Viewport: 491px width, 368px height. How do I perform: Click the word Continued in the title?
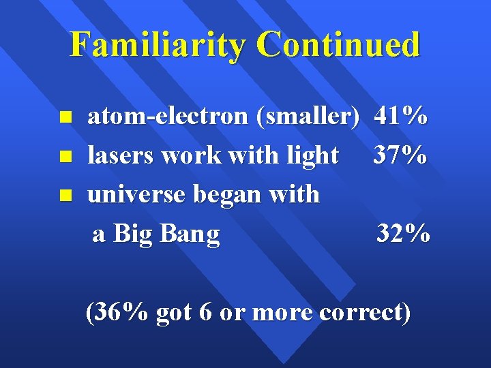339,45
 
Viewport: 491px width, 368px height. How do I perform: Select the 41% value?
401,117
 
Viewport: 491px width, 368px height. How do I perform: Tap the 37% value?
400,156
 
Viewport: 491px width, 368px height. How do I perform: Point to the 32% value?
403,234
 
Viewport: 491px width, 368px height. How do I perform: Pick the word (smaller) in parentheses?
307,117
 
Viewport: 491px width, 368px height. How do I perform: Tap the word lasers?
121,156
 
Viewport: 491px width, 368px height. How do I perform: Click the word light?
313,156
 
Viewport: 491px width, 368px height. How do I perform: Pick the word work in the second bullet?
184,156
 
